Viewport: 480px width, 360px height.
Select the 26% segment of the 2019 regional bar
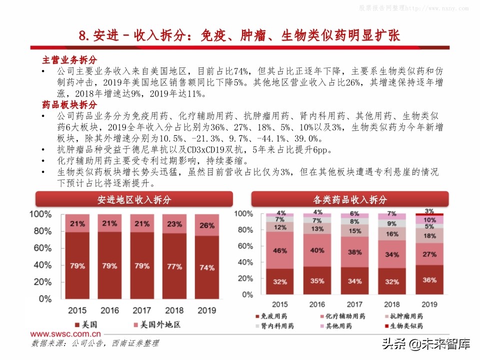[207, 225]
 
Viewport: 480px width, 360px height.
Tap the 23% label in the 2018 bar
[174, 224]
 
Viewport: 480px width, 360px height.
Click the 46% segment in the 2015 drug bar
[279, 250]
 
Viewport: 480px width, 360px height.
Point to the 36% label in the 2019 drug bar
[429, 280]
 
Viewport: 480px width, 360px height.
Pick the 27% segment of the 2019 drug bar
[429, 254]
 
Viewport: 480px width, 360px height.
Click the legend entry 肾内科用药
[274, 326]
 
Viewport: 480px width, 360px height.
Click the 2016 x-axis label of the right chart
[316, 304]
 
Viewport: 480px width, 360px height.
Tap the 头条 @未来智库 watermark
[425, 344]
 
